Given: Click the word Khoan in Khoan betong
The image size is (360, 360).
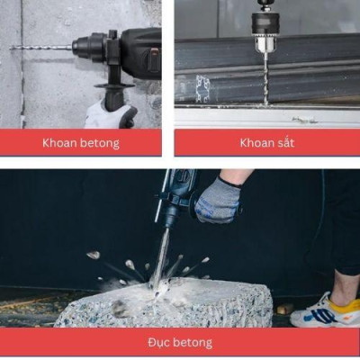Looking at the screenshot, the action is (x=59, y=143).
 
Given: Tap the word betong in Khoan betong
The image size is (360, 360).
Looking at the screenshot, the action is (x=100, y=143).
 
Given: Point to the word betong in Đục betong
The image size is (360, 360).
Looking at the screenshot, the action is (x=193, y=342).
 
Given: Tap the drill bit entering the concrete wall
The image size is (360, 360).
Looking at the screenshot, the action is (x=40, y=48).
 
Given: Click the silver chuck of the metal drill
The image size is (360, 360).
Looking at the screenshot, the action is (x=265, y=43).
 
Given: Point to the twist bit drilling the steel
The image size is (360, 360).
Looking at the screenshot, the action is (x=265, y=78).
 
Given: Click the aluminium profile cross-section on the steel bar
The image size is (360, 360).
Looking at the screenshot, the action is (x=203, y=89).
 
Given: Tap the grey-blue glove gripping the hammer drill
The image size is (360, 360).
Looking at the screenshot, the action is (x=218, y=201).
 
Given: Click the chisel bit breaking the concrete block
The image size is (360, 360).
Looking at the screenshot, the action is (x=161, y=260).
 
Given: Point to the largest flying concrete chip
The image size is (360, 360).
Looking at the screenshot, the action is (x=94, y=255).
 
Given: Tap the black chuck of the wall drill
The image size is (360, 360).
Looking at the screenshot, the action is (x=89, y=48).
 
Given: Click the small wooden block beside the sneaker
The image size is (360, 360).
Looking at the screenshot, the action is (x=285, y=309).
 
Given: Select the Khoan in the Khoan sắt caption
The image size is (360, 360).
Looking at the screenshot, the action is (x=256, y=143).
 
